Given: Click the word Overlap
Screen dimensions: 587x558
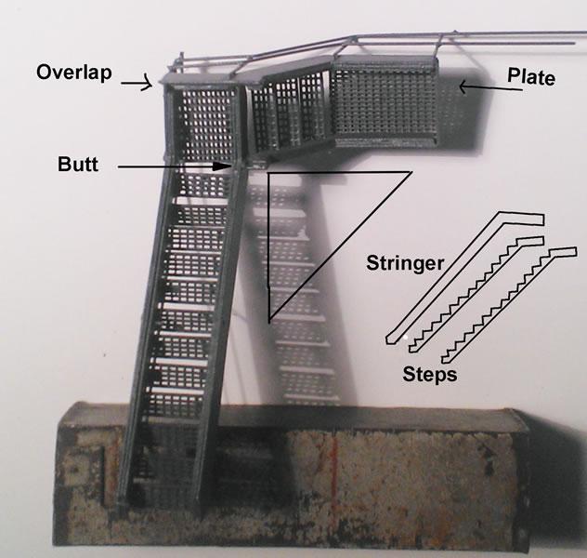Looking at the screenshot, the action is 73,72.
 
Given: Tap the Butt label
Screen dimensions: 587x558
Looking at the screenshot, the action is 78,164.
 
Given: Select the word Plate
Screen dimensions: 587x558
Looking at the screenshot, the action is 531,77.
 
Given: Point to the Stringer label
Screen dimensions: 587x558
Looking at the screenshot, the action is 405,262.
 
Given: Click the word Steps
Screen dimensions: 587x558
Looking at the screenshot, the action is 430,374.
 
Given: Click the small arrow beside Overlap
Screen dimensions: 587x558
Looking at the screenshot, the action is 137,83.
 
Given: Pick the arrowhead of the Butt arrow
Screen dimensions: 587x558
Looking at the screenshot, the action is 223,166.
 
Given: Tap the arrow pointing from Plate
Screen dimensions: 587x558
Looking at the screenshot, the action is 490,88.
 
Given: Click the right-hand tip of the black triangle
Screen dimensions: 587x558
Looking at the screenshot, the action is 411,172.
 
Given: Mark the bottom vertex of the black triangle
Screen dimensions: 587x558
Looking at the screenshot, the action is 268,323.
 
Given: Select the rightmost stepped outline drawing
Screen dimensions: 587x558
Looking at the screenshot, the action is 509,305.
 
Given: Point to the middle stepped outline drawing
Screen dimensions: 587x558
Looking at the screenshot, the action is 476,294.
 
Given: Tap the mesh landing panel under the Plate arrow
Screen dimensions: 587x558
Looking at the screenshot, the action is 385,102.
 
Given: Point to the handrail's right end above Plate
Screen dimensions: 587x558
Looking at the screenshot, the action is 575,37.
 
